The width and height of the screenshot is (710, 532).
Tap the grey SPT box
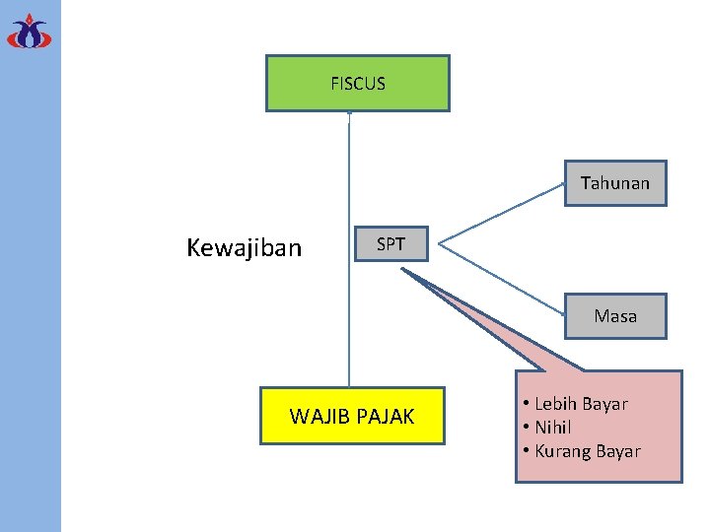[390, 244]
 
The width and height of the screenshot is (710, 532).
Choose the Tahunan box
[615, 183]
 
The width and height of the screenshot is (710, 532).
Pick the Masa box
[615, 316]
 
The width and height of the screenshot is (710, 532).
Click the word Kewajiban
[244, 247]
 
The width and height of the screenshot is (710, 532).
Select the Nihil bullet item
[552, 428]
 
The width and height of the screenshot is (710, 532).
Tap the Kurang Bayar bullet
[587, 451]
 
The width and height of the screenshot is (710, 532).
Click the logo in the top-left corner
[29, 32]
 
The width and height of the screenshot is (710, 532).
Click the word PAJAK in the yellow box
[384, 417]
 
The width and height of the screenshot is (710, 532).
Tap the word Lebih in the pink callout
[555, 404]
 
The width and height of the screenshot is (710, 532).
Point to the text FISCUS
[358, 84]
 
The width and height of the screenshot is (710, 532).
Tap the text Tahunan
[615, 183]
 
